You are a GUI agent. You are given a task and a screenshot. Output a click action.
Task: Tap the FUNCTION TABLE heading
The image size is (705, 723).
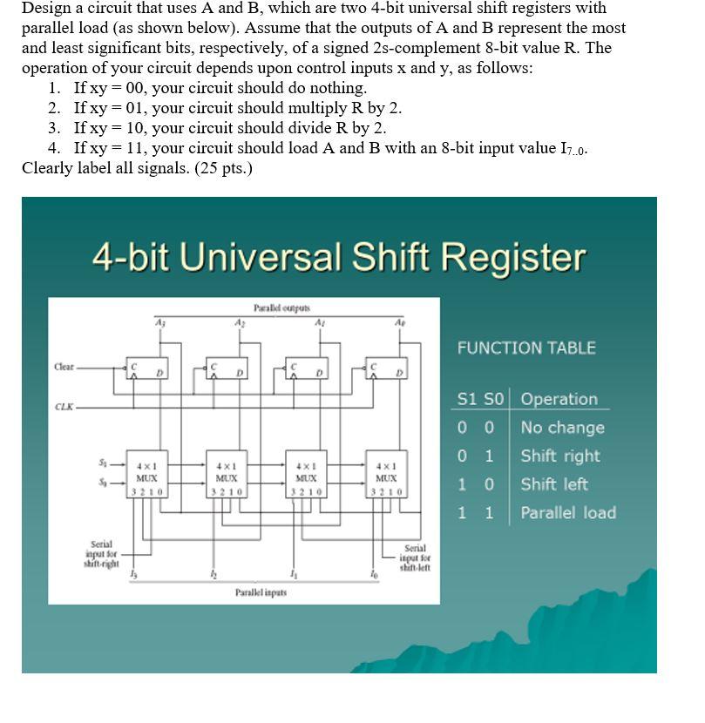coord(526,348)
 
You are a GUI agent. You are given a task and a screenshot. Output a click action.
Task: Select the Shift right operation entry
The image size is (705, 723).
coord(559,456)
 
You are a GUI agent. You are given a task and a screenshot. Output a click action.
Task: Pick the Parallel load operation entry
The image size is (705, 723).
coord(567,512)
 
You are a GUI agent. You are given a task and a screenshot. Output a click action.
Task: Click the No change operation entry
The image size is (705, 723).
coord(562,428)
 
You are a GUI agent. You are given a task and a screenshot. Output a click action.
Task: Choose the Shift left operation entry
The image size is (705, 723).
coord(554,484)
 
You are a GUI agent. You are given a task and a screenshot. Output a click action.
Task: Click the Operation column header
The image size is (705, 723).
coord(559,399)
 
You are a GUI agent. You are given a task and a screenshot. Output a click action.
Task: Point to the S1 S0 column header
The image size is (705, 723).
coord(480,399)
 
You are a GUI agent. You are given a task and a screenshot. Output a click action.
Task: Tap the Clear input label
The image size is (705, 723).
coord(64,367)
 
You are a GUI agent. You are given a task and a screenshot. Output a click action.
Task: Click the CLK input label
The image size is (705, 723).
coord(64,407)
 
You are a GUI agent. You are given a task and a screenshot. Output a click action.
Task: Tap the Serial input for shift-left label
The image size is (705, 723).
coord(415,557)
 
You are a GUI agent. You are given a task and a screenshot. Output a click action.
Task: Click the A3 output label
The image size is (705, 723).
coord(159,321)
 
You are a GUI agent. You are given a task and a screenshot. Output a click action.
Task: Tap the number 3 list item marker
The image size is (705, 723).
coord(54,127)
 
